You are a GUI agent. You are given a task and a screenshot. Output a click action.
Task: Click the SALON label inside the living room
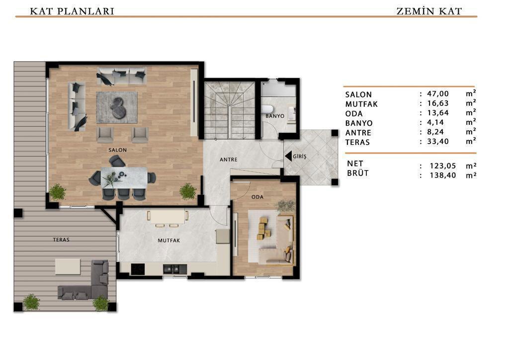(117, 150)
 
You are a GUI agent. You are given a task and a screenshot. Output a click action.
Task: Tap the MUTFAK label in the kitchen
(169, 241)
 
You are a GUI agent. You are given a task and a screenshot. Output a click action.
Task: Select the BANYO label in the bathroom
(275, 116)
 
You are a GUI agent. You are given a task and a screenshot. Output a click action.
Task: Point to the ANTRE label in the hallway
(229, 160)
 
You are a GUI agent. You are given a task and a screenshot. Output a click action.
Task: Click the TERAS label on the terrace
(61, 240)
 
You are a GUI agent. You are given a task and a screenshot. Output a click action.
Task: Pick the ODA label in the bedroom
(257, 197)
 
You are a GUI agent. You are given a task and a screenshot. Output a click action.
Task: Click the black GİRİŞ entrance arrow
(288, 156)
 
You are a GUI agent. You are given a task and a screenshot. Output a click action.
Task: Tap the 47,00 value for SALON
(438, 94)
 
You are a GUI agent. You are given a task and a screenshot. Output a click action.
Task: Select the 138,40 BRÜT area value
(443, 176)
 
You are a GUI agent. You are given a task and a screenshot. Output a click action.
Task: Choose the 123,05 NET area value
(443, 166)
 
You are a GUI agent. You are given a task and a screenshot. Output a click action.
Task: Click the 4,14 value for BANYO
(435, 122)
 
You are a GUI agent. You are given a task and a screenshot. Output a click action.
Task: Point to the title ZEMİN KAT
(429, 11)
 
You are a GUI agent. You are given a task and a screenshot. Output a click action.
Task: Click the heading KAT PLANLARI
(72, 11)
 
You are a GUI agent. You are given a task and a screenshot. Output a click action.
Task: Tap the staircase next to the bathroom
(230, 110)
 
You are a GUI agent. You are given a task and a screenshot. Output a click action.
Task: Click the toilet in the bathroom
(268, 110)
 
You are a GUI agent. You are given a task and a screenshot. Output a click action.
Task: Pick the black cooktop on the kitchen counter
(138, 269)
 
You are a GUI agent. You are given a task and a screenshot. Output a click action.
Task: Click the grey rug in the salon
(117, 107)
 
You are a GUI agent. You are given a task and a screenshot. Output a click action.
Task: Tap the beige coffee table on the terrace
(68, 267)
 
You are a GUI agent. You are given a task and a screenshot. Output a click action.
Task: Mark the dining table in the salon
(124, 178)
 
